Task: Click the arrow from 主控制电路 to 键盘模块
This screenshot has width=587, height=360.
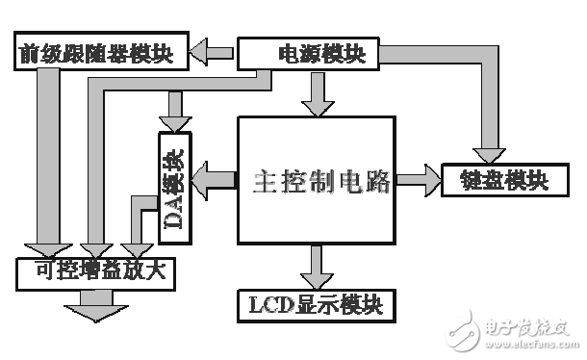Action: pos(418,178)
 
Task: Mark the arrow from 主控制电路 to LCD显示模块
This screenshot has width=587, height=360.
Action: pos(318,265)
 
